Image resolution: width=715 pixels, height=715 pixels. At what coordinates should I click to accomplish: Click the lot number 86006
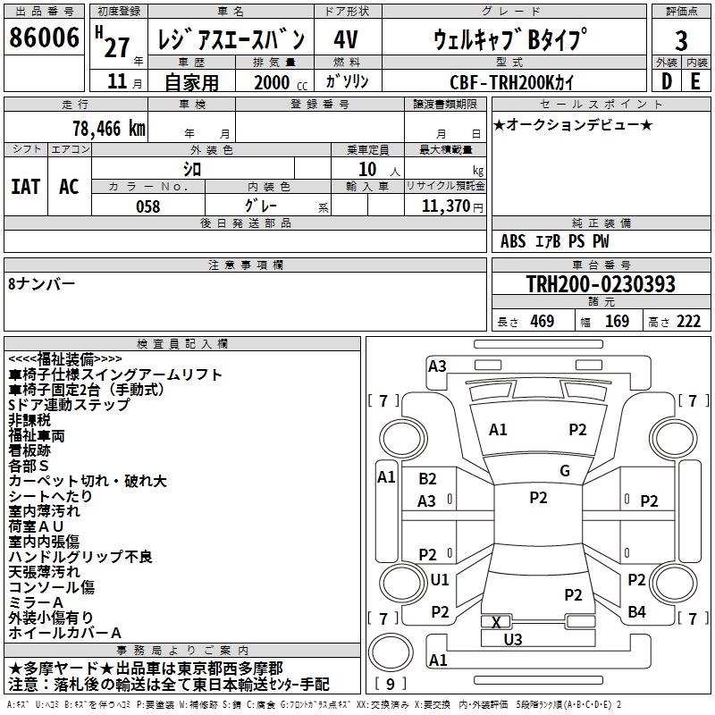pos(44,38)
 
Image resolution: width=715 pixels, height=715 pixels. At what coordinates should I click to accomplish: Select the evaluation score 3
pos(681,41)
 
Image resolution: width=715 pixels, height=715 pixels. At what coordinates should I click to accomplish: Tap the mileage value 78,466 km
pos(109,129)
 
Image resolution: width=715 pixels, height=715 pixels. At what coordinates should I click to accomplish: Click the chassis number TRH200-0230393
pos(601,283)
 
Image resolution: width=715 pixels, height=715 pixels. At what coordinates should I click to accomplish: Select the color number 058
pos(148,206)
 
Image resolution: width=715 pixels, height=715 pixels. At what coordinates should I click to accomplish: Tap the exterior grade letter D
pos(667,81)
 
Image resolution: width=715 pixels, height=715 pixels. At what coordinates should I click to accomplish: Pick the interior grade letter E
pos(695,81)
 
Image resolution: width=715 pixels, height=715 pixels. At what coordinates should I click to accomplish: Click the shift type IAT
pos(26,187)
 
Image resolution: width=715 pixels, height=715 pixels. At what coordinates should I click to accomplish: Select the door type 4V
pos(346,39)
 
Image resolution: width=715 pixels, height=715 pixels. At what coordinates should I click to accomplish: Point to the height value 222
pos(688,322)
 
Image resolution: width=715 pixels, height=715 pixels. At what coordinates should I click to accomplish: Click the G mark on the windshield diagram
pos(565,471)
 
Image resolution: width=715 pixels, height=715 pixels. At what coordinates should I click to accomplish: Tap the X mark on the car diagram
pos(496,622)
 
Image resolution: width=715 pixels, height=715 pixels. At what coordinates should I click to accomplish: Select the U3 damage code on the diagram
pos(512,639)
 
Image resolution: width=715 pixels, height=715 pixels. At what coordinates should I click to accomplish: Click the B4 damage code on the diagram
pos(636,612)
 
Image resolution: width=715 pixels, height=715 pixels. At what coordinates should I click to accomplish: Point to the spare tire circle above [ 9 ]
pos(391,652)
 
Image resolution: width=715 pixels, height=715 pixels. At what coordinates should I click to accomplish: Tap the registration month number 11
pos(117,81)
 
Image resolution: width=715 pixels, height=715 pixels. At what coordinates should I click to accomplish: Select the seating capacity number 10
pos(367,169)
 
